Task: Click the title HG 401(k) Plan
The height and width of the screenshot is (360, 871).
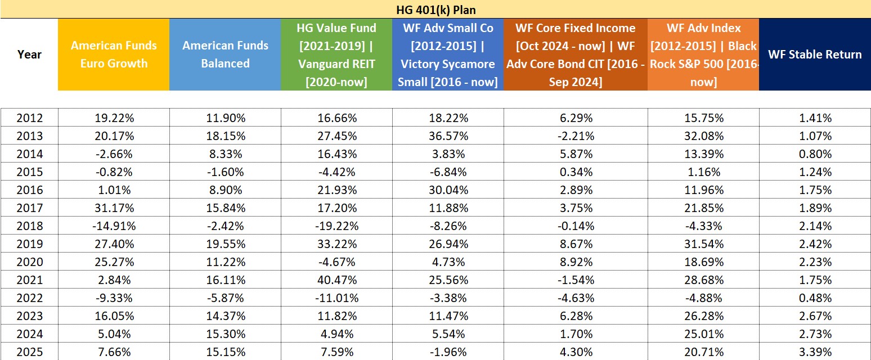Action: coord(435,10)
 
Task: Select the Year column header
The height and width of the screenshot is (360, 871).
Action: coord(29,55)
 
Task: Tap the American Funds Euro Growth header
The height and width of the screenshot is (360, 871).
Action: coord(114,55)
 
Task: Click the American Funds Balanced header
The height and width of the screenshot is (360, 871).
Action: coord(225,55)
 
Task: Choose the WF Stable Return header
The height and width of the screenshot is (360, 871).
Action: coord(815,55)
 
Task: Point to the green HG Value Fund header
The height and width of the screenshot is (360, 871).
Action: coord(336,55)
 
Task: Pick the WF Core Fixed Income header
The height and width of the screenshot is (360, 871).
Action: coord(576,55)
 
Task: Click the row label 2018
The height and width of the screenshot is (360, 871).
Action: coord(29,226)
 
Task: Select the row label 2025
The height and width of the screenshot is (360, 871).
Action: coord(29,352)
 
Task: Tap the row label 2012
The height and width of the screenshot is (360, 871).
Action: coord(29,118)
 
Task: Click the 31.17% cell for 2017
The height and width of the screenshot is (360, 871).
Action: coord(114,208)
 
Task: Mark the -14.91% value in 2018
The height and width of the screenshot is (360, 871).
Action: coord(114,226)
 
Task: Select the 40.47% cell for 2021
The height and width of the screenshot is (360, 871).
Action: coord(336,280)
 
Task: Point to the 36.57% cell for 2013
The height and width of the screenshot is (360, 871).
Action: coord(448,136)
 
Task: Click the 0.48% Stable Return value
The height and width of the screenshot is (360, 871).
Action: coord(815,298)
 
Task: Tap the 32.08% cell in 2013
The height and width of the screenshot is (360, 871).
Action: coord(703,136)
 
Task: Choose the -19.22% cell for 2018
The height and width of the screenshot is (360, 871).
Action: coord(336,226)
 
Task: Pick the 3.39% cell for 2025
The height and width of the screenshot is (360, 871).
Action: coord(815,352)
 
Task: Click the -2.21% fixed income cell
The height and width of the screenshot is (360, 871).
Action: coord(576,136)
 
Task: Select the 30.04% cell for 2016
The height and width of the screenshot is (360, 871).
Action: coord(448,190)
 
